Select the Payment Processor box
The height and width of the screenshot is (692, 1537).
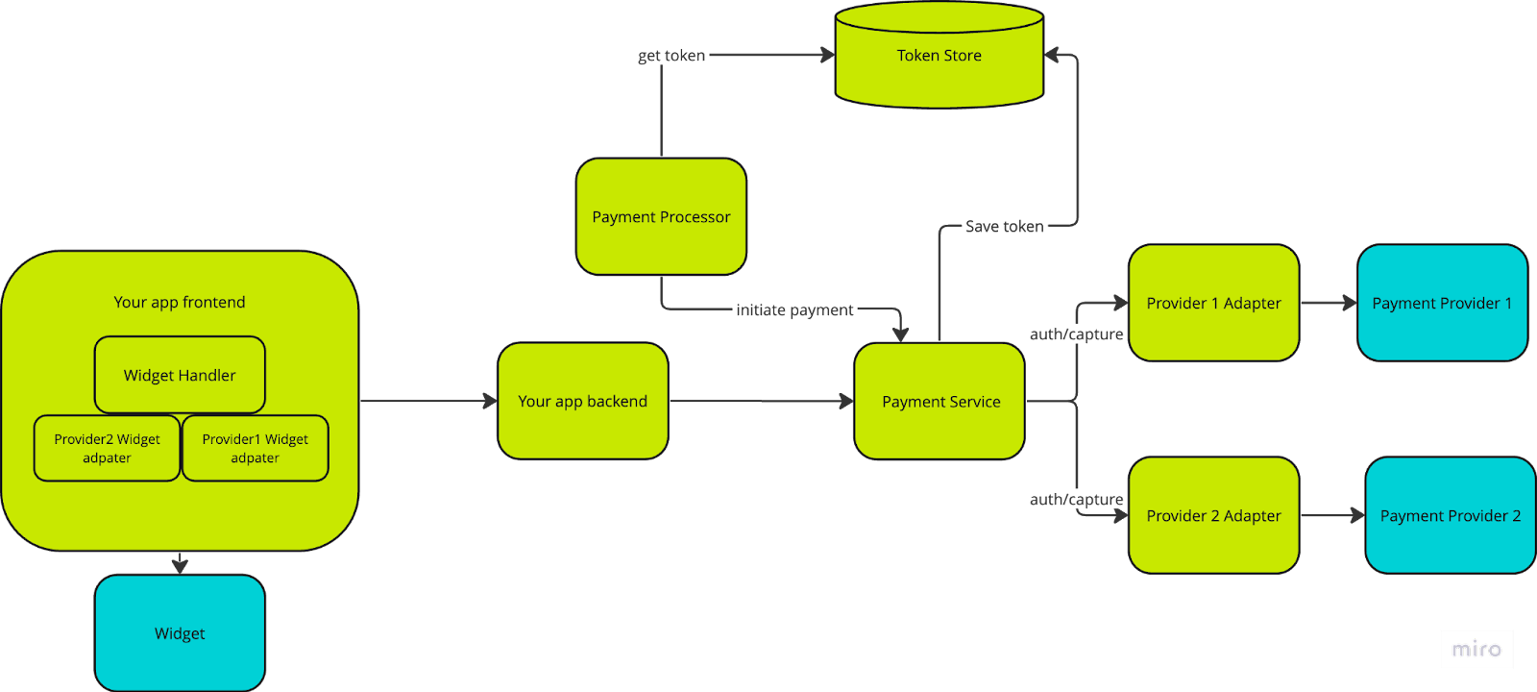tap(661, 217)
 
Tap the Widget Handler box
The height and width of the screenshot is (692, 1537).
tap(180, 375)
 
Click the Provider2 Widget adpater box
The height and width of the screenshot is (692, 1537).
tap(107, 449)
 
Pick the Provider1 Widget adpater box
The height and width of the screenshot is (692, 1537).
tap(255, 449)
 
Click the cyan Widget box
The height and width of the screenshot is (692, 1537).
tap(180, 633)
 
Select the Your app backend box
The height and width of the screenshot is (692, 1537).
tap(582, 401)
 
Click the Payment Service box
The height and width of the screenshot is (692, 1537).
tap(939, 402)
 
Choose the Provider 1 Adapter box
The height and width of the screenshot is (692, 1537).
tap(1213, 304)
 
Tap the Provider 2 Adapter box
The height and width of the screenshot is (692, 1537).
tap(1213, 516)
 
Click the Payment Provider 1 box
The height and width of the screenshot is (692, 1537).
tap(1441, 304)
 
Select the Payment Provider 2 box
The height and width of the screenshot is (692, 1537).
tap(1450, 516)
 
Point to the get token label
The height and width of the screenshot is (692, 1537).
tap(671, 56)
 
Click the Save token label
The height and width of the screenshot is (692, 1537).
tap(1004, 227)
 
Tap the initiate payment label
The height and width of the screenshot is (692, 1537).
tap(794, 310)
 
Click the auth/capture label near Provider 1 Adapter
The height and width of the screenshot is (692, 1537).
tap(1076, 334)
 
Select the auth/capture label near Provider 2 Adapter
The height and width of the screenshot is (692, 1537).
tap(1076, 500)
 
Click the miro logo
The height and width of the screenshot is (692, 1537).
tap(1476, 649)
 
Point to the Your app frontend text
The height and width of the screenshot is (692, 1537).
tap(180, 302)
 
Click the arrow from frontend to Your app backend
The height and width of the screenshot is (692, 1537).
tap(427, 401)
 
